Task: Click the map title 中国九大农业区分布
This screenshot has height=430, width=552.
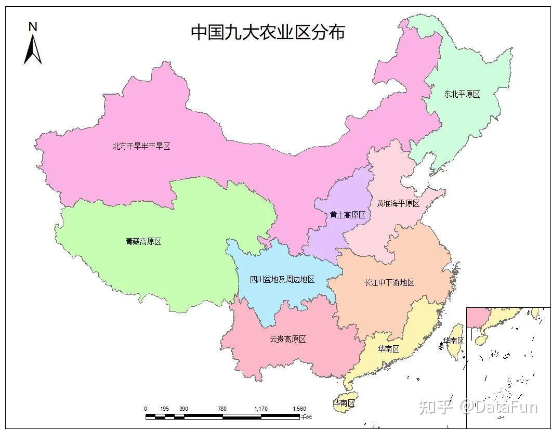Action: pos(268,32)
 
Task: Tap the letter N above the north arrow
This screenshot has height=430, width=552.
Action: pos(33,27)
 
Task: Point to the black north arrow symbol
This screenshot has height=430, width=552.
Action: pos(33,50)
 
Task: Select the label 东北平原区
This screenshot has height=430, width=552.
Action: pos(462,94)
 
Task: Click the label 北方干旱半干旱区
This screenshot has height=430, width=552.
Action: pos(141,146)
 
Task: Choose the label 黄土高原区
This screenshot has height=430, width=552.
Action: pos(347,215)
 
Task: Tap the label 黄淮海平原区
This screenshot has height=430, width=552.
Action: pos(398,203)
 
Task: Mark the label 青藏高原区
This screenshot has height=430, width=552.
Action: pos(143,241)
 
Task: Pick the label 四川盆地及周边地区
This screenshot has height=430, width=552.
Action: pos(282,279)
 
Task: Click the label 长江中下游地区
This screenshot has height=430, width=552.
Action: pos(389,282)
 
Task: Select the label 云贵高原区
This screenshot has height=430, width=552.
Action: pos(287,339)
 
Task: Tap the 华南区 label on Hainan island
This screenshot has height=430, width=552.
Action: pos(344,403)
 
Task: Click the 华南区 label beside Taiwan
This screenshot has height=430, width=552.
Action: pos(453,341)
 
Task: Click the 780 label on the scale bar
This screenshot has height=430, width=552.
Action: pos(222,409)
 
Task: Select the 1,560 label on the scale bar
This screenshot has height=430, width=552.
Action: pos(299,409)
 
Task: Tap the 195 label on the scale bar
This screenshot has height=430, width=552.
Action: pos(165,409)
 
